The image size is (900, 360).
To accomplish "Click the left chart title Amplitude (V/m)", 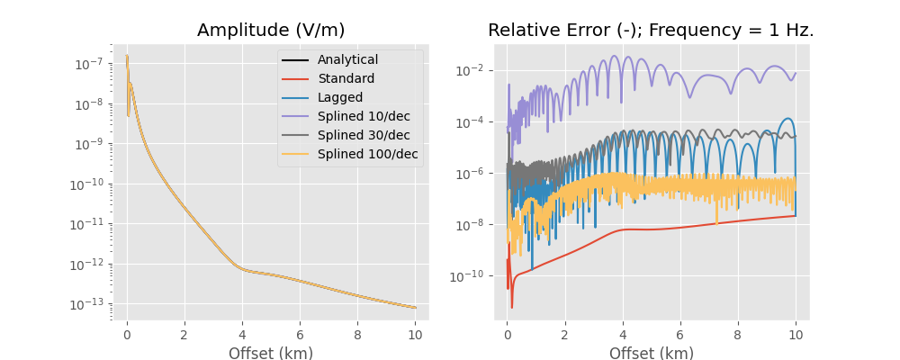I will (x=270, y=30).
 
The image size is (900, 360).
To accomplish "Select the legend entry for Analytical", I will (x=347, y=60).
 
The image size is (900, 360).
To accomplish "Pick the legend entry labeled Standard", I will (x=346, y=79).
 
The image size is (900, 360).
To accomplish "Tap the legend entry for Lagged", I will (x=340, y=98).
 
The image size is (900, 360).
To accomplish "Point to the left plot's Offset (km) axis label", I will (x=270, y=354).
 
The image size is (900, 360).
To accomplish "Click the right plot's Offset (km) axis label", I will (x=651, y=354).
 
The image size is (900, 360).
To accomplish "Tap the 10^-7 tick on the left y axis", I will (x=87, y=65).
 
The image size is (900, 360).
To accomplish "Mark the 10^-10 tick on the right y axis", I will (x=467, y=275).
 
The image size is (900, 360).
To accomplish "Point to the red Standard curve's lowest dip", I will (x=512, y=307).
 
